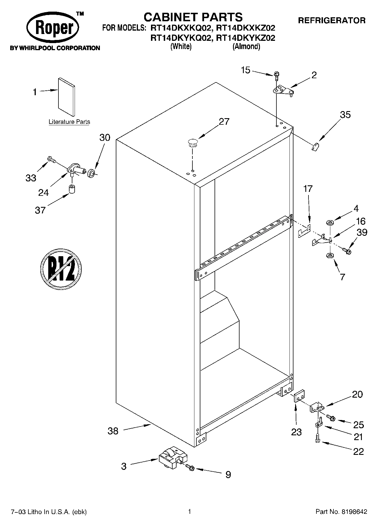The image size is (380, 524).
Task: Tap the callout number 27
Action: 224,122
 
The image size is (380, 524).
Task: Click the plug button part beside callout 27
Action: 192,143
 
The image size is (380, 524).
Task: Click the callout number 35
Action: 345,115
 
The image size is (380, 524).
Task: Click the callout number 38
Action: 113,431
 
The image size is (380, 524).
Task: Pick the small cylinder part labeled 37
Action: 72,189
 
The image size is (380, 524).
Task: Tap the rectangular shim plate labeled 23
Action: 299,396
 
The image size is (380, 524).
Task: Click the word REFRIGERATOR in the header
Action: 331,20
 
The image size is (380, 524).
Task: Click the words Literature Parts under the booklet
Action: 69,122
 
